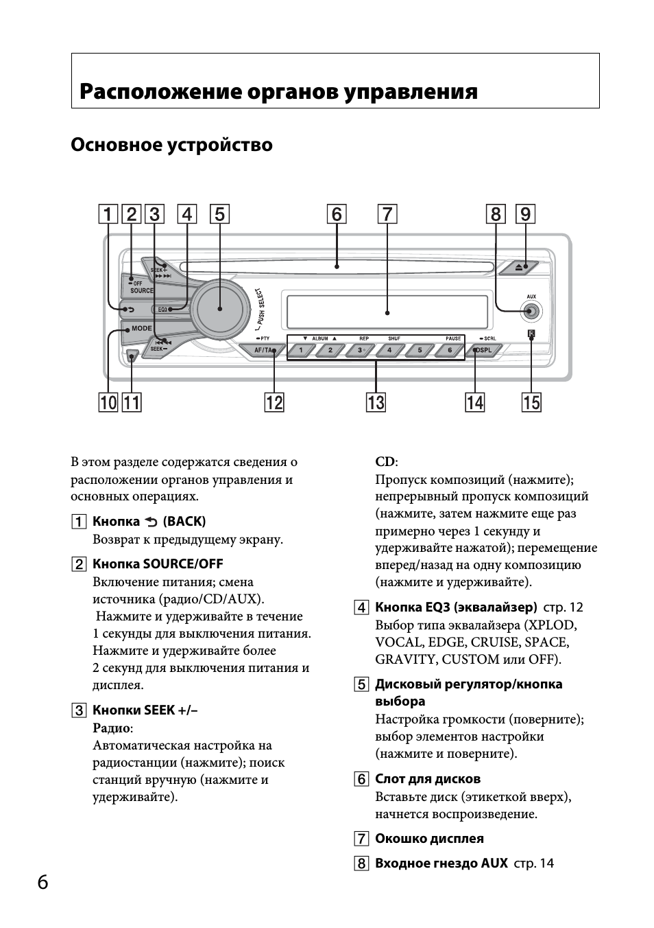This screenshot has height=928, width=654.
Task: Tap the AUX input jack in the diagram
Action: [531, 312]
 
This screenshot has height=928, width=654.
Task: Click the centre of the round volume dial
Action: [220, 308]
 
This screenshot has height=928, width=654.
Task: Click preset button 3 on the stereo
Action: [359, 350]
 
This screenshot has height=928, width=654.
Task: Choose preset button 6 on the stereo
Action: [449, 350]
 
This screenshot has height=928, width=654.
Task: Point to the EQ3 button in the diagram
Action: [162, 310]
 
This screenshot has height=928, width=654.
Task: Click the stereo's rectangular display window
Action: [387, 312]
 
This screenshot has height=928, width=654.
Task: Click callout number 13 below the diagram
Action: [376, 402]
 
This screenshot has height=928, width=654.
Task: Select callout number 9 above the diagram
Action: [525, 215]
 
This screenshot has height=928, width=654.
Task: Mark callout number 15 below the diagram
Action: [531, 402]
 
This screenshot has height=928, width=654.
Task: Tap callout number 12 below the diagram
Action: [274, 402]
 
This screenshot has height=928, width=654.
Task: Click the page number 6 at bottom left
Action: [43, 882]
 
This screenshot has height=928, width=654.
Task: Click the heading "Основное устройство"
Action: [171, 146]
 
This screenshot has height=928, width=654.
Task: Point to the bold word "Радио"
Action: [111, 728]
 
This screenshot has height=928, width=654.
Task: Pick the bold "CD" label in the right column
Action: [385, 462]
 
